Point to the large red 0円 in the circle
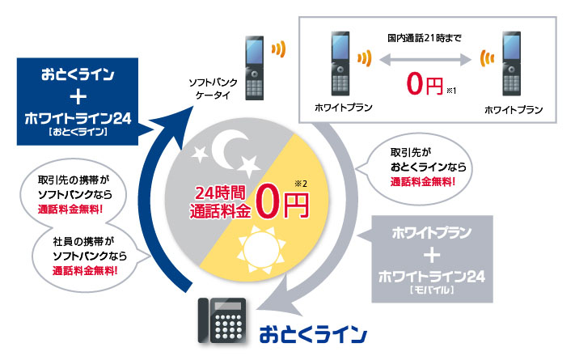[x=284, y=202]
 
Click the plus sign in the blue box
[x=78, y=98]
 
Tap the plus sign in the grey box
[x=436, y=255]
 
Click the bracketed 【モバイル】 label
[x=437, y=289]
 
